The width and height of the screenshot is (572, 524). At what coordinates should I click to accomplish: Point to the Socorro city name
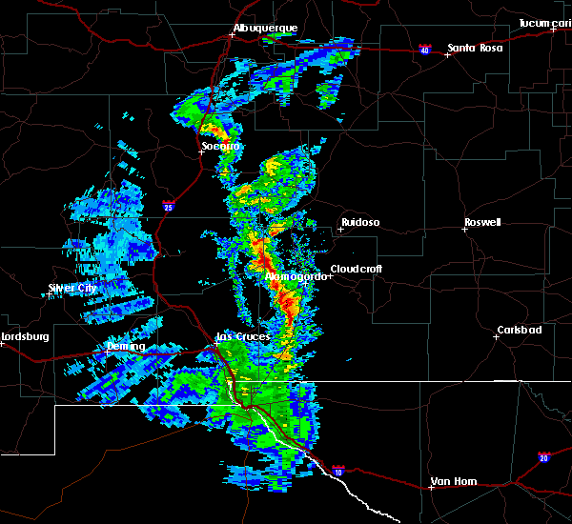coord(220,147)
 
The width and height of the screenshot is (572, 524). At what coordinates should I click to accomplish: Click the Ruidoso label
coord(359,223)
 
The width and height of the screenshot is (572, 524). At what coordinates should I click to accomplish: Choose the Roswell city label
coord(481,223)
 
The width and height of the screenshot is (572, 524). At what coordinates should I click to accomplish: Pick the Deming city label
coord(126,347)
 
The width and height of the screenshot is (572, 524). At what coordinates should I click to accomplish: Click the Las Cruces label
coord(243,336)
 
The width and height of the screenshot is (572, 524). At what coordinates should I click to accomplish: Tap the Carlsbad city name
coord(519,331)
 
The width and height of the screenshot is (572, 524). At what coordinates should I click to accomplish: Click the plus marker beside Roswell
coord(464,230)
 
